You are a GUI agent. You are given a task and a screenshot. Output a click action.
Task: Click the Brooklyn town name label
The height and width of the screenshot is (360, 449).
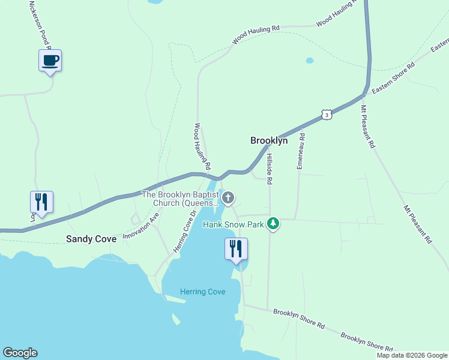[268, 140]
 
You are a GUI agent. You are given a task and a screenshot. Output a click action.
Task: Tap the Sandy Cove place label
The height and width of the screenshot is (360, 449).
[91, 239]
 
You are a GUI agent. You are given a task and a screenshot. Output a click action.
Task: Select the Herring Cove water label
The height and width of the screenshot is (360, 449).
[203, 292]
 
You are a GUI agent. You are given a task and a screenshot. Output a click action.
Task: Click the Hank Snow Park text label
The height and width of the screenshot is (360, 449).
[234, 224]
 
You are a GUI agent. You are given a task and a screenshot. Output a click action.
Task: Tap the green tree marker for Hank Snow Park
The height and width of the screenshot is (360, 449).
[274, 224]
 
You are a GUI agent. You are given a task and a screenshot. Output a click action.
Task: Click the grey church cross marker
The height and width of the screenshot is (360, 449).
[228, 198]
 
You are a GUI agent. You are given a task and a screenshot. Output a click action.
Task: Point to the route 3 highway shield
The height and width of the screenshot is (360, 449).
[325, 114]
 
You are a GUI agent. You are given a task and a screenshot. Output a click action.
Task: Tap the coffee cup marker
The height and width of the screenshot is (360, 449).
[50, 61]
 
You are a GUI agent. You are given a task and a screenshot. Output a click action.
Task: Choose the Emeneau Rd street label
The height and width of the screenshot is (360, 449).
[301, 151]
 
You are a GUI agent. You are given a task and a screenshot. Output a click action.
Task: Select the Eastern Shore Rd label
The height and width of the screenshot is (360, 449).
[393, 78]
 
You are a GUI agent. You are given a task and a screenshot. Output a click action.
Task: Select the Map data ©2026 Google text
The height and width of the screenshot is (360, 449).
[411, 355]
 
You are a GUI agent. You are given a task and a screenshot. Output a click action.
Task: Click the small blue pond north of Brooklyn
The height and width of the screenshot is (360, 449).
[309, 61]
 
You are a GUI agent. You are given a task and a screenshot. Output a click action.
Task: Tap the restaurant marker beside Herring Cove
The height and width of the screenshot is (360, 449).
[236, 249]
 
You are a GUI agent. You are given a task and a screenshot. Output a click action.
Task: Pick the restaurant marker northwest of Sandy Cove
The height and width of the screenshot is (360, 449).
[41, 202]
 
